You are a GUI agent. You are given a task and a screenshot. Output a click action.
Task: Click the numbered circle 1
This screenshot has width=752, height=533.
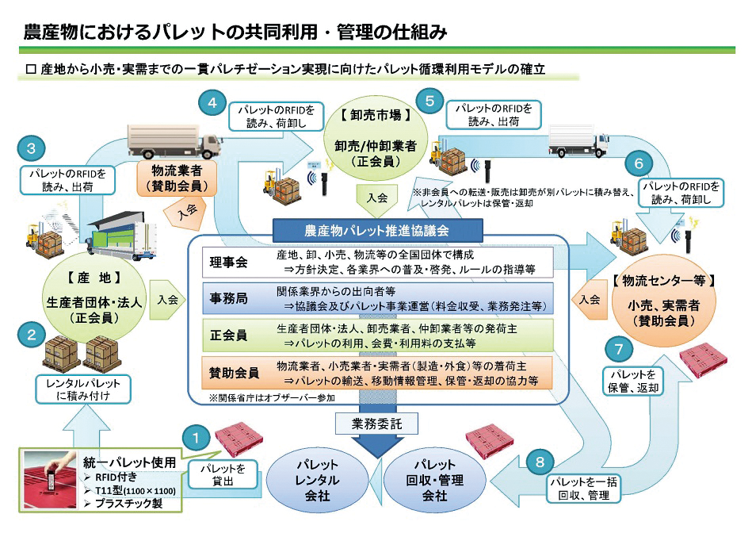tap(196, 438)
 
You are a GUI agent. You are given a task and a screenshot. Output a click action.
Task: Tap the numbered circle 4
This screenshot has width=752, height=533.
tap(212, 102)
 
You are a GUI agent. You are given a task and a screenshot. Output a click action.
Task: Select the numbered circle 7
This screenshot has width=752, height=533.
tap(619, 349)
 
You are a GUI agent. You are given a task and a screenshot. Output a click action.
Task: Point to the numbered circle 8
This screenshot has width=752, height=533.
tap(540, 462)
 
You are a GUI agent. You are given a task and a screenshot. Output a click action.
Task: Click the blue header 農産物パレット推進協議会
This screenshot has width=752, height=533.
tap(377, 231)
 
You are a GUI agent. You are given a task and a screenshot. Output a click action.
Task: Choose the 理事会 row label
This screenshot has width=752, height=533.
tap(229, 263)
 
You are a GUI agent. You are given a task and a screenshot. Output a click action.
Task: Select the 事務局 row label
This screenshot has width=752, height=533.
tap(229, 299)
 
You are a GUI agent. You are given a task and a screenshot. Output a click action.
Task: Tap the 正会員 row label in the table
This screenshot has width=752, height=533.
tap(229, 336)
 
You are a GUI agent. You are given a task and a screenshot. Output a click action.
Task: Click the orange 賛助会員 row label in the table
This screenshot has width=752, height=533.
tap(234, 373)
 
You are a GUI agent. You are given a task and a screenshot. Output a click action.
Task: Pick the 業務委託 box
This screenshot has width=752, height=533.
tap(376, 424)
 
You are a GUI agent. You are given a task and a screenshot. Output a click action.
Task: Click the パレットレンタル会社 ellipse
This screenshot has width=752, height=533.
tap(317, 480)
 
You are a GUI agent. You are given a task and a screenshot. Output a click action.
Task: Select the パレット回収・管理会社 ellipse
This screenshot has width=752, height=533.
tap(434, 480)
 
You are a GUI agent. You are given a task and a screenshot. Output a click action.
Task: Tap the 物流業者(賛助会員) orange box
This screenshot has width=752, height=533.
tap(177, 178)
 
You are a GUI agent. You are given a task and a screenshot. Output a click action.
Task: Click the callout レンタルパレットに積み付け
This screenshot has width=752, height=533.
tap(83, 389)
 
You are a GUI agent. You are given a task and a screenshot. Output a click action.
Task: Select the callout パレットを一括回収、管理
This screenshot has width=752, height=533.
tap(584, 489)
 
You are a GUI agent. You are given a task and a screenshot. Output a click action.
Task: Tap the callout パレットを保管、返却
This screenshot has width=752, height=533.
tap(633, 382)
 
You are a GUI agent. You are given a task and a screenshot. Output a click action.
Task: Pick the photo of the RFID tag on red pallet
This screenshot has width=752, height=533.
tap(50, 480)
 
